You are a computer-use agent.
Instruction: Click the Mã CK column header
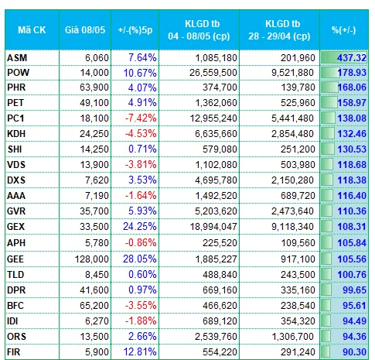(32, 30)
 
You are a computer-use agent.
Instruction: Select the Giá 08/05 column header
(85, 30)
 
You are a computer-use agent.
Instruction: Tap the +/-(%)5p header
(135, 30)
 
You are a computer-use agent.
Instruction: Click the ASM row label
(17, 57)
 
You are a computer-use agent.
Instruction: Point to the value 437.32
(352, 57)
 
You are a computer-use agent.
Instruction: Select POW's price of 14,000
(94, 73)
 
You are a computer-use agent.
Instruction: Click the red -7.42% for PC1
(141, 118)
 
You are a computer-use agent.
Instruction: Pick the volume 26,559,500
(213, 73)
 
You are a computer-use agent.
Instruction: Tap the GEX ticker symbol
(16, 227)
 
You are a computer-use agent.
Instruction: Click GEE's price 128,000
(91, 259)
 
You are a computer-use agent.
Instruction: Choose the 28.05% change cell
(140, 259)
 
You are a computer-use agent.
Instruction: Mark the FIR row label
(14, 352)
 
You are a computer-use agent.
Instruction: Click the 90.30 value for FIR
(354, 352)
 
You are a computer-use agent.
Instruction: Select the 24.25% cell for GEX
(140, 227)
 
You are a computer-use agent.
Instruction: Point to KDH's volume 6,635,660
(216, 134)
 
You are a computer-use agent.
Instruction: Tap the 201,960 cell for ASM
(298, 57)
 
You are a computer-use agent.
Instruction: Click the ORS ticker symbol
(16, 337)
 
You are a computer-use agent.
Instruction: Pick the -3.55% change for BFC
(141, 306)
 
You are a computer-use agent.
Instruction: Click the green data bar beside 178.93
(330, 73)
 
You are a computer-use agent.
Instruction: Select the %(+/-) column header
(344, 30)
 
